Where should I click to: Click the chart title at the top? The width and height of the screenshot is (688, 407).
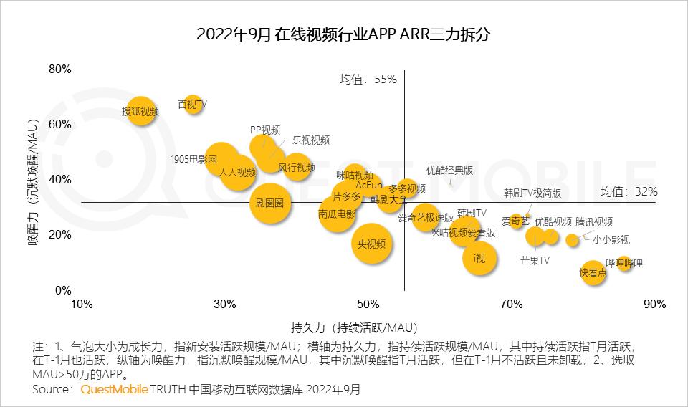[343, 34]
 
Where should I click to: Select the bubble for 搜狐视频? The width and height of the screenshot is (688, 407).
[141, 111]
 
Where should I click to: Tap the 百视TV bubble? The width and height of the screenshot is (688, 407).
[192, 105]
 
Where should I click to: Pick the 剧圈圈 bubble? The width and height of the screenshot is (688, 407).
[269, 203]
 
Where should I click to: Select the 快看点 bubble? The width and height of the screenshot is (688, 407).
[593, 272]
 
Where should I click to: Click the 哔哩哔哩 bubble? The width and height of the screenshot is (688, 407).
[624, 264]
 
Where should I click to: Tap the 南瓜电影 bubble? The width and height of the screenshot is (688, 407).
[336, 214]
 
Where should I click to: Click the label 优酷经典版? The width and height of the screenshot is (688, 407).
[449, 171]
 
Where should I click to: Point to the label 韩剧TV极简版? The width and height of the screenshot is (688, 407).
[532, 193]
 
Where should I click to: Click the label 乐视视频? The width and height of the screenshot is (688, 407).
[310, 140]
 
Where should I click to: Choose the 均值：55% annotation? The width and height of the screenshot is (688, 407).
[368, 79]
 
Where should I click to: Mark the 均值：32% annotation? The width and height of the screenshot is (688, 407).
[629, 191]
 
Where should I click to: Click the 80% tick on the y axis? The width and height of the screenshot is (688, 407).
[60, 70]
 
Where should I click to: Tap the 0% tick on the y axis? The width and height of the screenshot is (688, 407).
[63, 290]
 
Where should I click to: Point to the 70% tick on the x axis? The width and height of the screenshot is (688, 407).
[511, 305]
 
